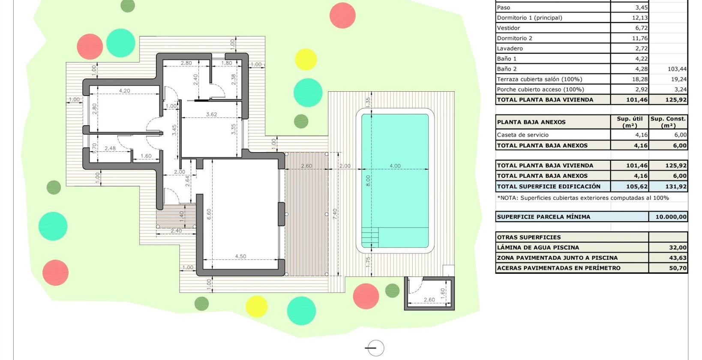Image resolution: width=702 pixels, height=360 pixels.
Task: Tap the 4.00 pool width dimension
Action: click(x=395, y=166)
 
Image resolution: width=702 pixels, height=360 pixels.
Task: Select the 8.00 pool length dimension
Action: click(x=368, y=180)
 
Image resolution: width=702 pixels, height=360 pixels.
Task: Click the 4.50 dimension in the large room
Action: click(x=240, y=256)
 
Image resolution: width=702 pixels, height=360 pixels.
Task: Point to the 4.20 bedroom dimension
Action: click(x=124, y=91)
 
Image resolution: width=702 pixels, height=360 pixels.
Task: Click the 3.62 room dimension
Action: click(x=211, y=114)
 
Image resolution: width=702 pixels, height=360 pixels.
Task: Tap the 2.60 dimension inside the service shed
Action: click(x=429, y=300)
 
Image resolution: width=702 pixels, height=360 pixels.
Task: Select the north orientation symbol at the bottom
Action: click(x=375, y=348)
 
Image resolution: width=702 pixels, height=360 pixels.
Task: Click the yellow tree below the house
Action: click(x=256, y=306)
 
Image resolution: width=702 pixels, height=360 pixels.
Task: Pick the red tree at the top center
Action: click(x=342, y=15)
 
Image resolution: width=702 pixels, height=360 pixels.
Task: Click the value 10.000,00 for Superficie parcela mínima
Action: click(x=671, y=217)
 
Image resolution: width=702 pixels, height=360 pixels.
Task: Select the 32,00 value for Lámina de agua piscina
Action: click(x=678, y=247)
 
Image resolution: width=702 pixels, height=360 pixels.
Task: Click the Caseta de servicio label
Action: click(x=522, y=135)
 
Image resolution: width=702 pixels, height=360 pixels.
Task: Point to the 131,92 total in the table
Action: click(x=676, y=186)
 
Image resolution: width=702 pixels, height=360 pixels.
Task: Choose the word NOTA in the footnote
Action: click(x=508, y=198)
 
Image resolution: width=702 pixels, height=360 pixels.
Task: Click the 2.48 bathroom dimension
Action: click(x=110, y=148)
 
